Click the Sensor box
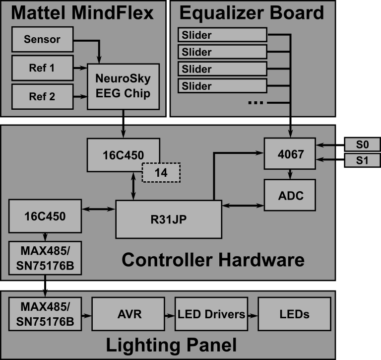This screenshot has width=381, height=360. click(42, 39)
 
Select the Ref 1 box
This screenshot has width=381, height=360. click(42, 68)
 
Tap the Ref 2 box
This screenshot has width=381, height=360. click(42, 96)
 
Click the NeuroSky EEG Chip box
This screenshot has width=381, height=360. click(123, 86)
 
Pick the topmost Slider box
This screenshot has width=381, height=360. click(222, 35)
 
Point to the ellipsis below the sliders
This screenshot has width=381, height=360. click(255, 103)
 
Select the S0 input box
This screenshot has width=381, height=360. click(362, 144)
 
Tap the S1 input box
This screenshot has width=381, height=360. click(362, 160)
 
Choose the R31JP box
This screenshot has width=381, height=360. click(168, 219)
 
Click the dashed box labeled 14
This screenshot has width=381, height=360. click(161, 173)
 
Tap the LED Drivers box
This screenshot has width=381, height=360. click(211, 314)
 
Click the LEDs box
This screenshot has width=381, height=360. click(294, 314)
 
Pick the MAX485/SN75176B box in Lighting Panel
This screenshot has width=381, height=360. click(45, 314)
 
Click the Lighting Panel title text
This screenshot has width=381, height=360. click(171, 345)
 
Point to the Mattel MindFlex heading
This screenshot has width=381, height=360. click(82, 13)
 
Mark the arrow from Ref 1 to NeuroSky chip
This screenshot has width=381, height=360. click(80, 68)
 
